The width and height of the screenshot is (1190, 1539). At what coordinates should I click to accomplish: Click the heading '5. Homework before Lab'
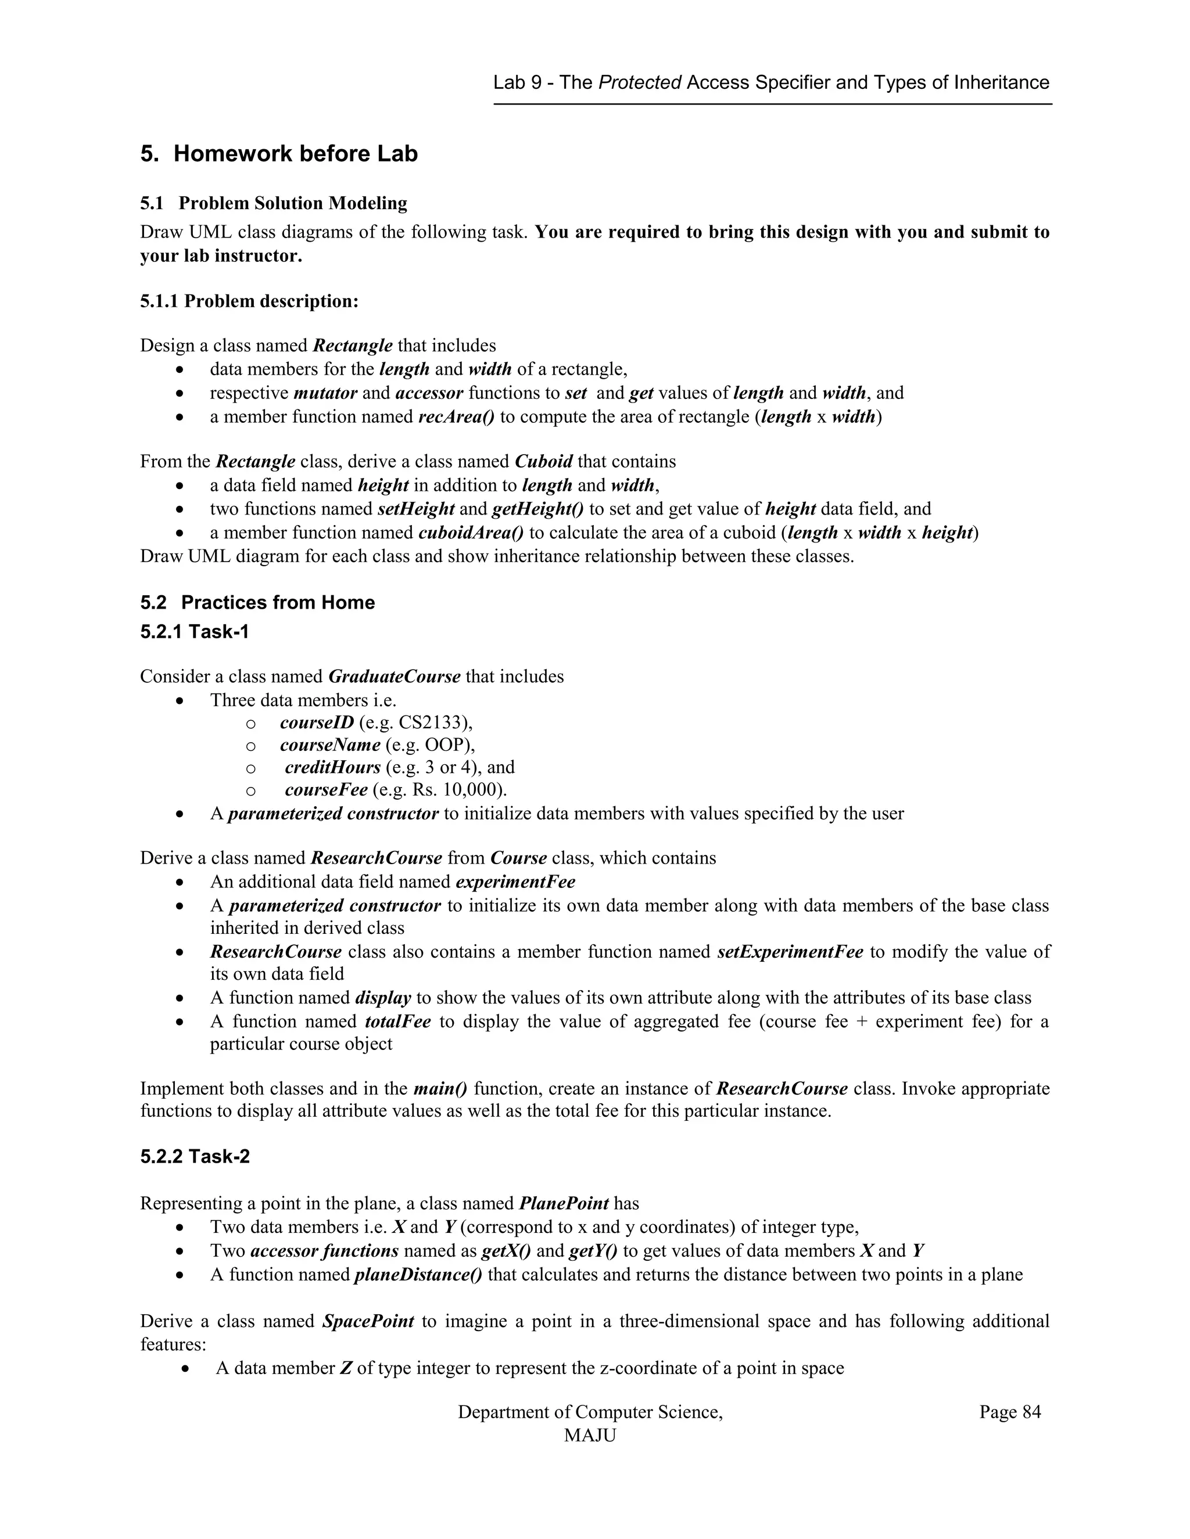[278, 154]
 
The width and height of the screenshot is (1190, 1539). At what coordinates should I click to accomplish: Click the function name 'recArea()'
[456, 416]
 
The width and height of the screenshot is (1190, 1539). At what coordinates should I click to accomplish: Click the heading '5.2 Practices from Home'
[257, 602]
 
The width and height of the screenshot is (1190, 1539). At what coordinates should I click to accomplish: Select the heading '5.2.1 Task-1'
[195, 631]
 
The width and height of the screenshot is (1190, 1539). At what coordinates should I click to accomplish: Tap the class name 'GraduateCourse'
[394, 677]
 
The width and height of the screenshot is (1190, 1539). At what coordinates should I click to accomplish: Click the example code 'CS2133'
[432, 722]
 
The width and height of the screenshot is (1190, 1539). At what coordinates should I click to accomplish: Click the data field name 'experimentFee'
[515, 882]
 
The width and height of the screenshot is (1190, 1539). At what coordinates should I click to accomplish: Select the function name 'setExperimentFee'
[790, 951]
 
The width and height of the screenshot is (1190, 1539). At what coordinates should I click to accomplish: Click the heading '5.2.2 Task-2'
[195, 1157]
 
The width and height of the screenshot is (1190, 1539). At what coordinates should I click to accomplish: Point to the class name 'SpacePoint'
[368, 1321]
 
